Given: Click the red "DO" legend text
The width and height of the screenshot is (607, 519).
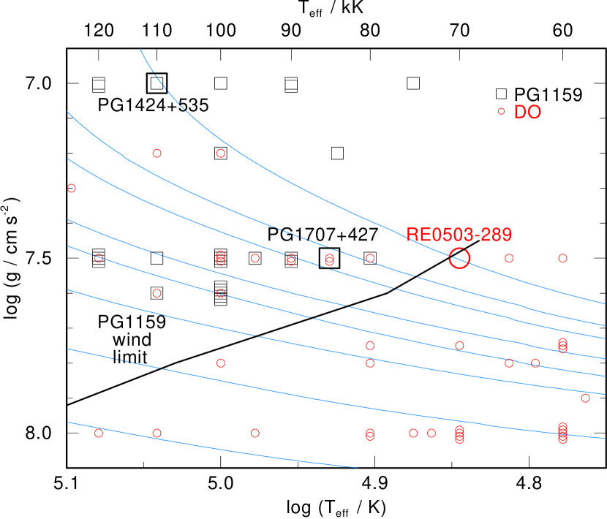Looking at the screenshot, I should pos(527,113).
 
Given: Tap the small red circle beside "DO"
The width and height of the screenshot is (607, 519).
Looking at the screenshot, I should pos(501,112).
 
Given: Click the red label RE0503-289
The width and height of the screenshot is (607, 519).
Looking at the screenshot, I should pos(459,235).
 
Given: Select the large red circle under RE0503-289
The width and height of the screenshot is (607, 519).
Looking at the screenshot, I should pos(459,258).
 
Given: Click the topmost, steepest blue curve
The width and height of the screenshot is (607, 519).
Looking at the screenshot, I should pos(219,136).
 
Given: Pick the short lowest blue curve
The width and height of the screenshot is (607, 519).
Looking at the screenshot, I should pos(219,447).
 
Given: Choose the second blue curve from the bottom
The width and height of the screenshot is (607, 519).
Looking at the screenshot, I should pos(293,392).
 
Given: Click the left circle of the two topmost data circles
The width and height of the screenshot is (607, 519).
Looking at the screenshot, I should pos(157,154).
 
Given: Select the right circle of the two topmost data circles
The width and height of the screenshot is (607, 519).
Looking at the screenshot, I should pos(220,154).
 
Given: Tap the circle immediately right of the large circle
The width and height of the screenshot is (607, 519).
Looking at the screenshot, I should pos(509,258).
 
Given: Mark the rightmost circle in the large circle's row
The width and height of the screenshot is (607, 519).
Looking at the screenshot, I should pos(562,258).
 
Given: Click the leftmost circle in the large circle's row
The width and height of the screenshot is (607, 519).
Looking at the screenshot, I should pos(99,258).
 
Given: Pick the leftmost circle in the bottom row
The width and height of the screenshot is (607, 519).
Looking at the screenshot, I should pos(99,433).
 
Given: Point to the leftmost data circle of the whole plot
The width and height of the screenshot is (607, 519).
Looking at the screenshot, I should pos(72,188).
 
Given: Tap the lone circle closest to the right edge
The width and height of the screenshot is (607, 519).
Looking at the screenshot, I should pos(585,398).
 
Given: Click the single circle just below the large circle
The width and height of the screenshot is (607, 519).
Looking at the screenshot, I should pos(459,346).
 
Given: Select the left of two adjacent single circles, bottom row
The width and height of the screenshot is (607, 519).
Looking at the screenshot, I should pos(413,433).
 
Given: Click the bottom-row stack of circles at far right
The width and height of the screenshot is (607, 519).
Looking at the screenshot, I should pos(562,433).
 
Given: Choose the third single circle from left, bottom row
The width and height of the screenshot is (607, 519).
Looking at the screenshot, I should pos(255,433).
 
